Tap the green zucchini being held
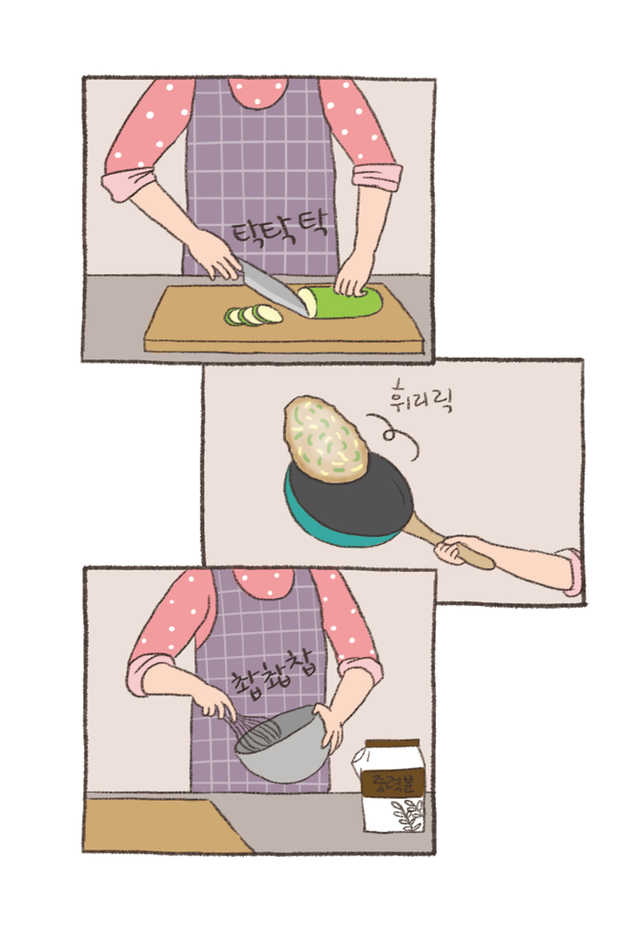point(343,302)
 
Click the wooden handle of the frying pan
point(449,541)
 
